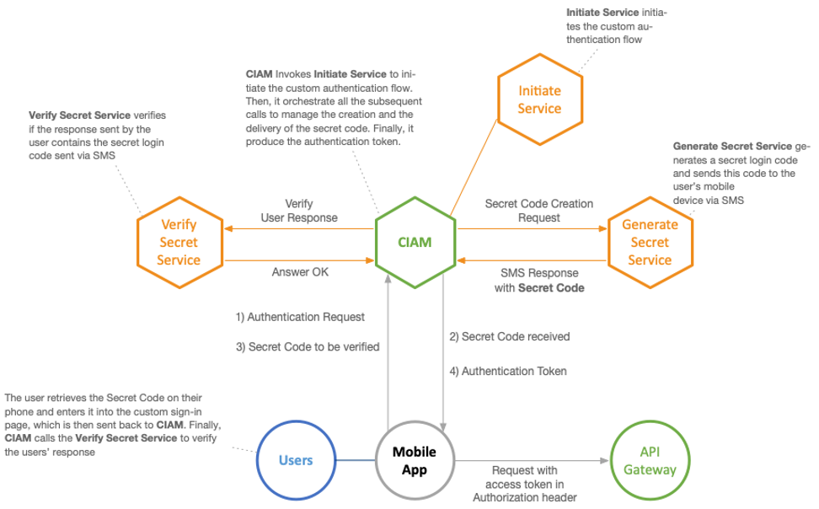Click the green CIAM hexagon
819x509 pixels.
click(415, 243)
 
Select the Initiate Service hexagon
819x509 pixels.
click(539, 99)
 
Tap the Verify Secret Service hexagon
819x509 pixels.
click(179, 243)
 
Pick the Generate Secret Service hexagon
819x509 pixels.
click(650, 243)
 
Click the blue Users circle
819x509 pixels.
click(296, 460)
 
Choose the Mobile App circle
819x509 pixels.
click(415, 460)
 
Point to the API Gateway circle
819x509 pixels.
click(650, 460)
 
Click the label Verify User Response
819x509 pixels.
click(299, 211)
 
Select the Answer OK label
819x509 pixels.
click(300, 272)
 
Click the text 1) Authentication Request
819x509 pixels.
click(300, 318)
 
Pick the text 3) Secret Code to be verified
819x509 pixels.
click(308, 346)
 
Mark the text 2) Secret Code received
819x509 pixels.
click(509, 336)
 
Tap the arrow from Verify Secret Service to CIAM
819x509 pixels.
click(299, 259)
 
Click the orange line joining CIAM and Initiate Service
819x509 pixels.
click(474, 168)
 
